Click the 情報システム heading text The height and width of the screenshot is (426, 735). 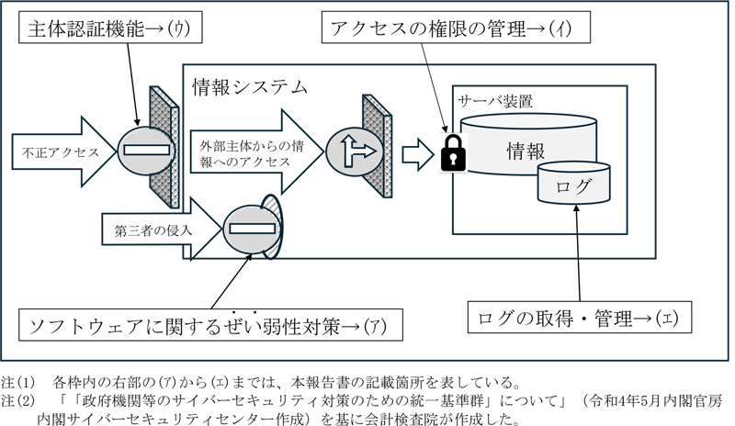tap(249, 88)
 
